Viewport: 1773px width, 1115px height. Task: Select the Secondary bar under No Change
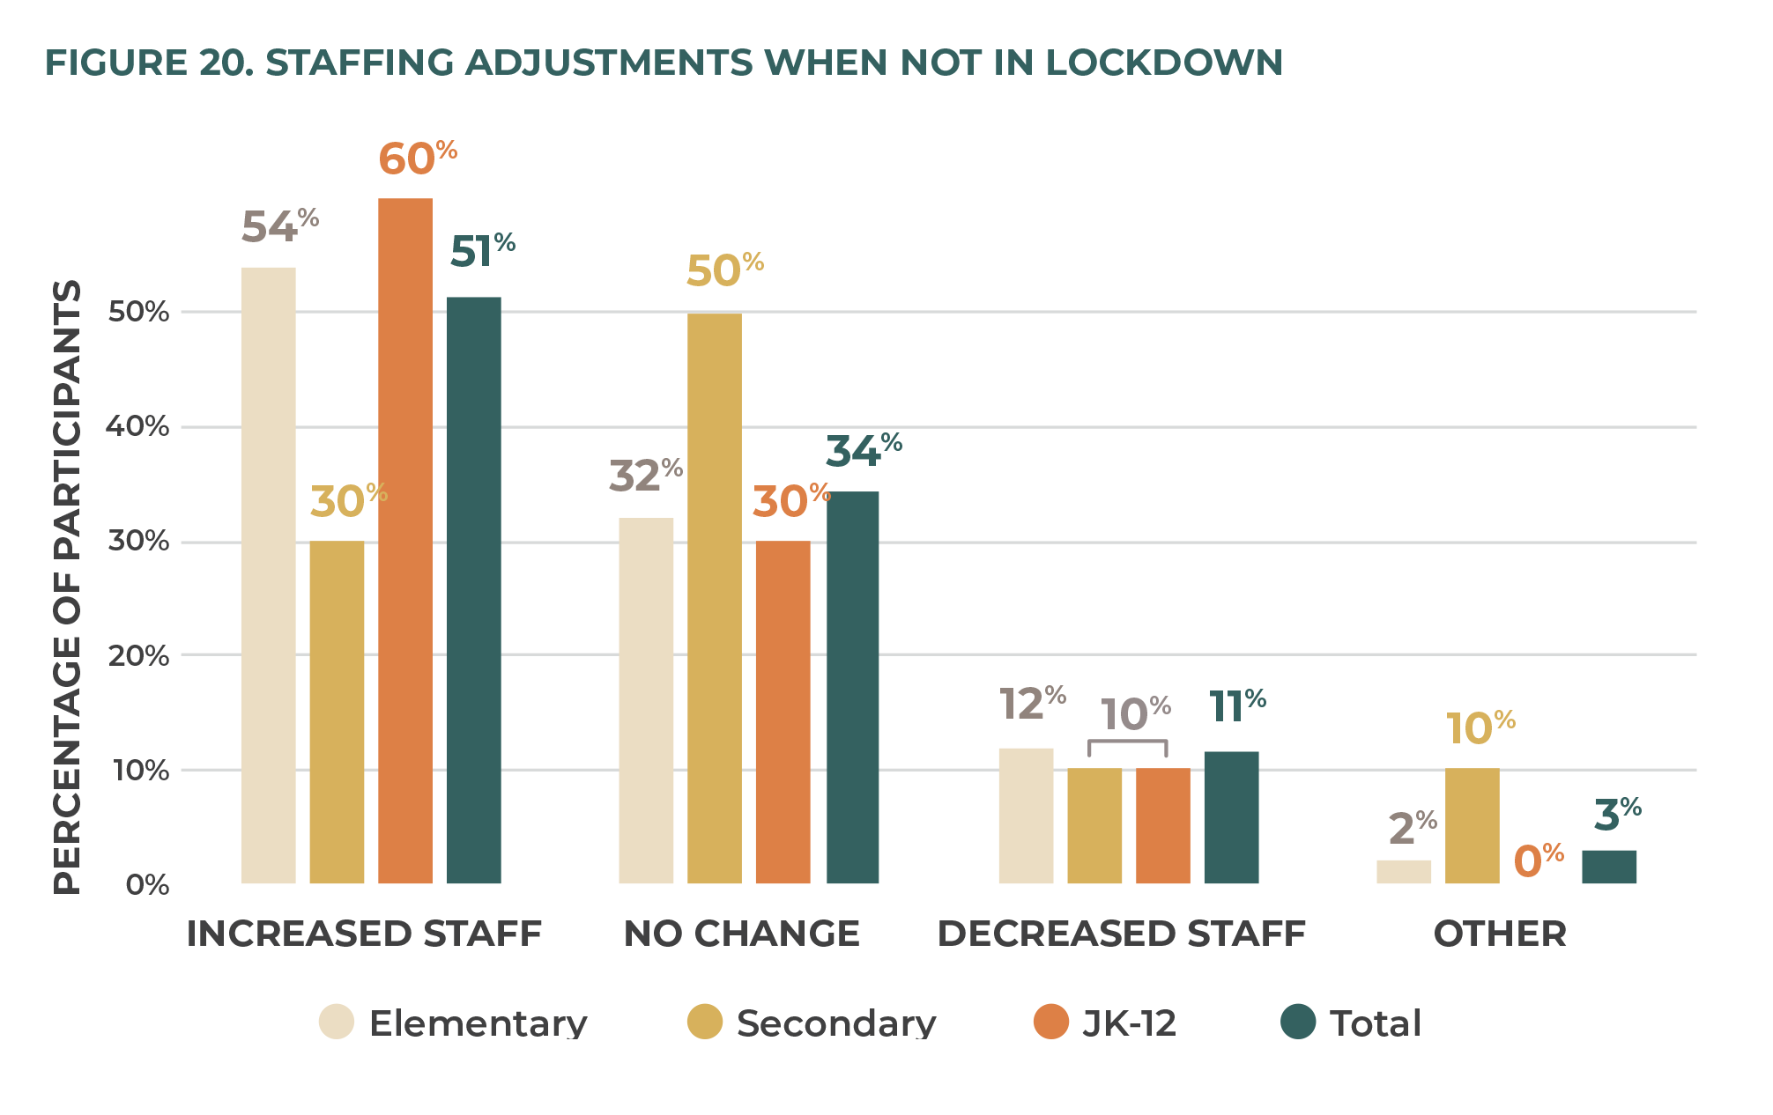[x=714, y=598]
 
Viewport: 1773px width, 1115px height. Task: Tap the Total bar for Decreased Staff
[x=1231, y=816]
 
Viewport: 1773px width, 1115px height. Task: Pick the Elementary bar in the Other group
[x=1403, y=871]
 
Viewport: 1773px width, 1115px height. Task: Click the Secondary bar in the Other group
[x=1472, y=825]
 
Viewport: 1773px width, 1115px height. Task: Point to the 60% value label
[x=417, y=159]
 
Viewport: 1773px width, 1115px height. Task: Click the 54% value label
[x=279, y=225]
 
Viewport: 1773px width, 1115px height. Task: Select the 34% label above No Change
[x=863, y=450]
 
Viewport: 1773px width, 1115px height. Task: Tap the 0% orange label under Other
[x=1538, y=860]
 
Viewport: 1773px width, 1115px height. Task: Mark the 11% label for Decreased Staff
[x=1236, y=705]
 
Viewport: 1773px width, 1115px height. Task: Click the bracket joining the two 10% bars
[x=1127, y=743]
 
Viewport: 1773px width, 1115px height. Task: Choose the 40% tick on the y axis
[x=137, y=426]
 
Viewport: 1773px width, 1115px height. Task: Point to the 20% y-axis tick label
[x=138, y=655]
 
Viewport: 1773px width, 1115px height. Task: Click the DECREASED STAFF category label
[x=1121, y=934]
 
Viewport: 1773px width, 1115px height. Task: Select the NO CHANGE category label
[x=741, y=934]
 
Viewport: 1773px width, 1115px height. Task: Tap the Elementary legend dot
[x=337, y=1022]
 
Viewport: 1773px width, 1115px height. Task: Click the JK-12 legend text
[x=1129, y=1023]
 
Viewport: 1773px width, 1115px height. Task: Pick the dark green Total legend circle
[x=1297, y=1022]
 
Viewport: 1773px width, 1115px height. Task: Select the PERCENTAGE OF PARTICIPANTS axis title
[x=67, y=587]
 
